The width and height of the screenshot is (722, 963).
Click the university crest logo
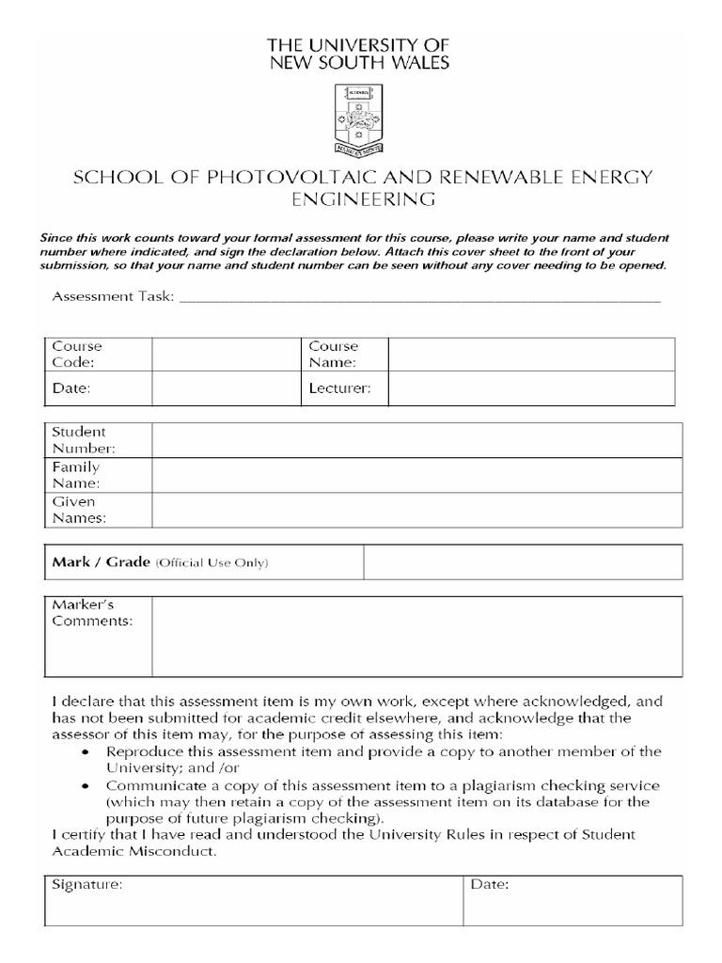coord(359,119)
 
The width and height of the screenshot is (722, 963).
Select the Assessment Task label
coord(113,296)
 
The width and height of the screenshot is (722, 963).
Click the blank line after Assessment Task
coord(419,299)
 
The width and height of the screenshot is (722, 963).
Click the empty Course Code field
coord(226,354)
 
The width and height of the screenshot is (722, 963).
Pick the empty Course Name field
coord(531,354)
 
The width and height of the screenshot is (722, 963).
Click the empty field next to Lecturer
coord(531,387)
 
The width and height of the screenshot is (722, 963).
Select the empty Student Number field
coord(416,440)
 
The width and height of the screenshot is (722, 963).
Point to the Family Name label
coord(76,475)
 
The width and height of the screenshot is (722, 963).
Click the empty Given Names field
coord(416,510)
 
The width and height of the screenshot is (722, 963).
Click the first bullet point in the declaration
coord(86,752)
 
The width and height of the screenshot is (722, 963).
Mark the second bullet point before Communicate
coord(86,786)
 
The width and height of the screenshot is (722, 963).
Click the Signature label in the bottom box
coord(86,885)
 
